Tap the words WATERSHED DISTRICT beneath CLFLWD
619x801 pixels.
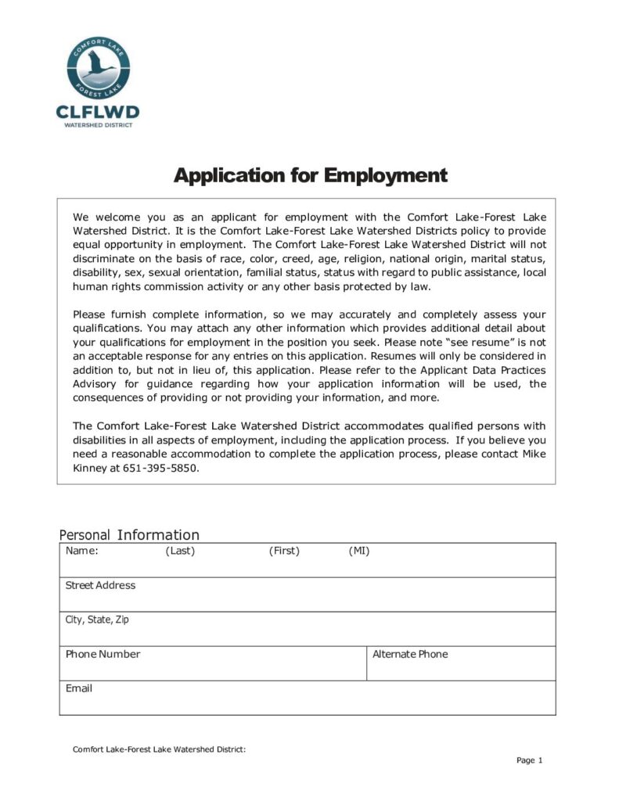[x=98, y=124]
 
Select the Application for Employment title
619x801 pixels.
[x=310, y=175]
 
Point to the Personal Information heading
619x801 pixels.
[x=129, y=535]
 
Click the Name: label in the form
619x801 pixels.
[x=81, y=551]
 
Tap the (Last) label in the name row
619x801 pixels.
[x=180, y=551]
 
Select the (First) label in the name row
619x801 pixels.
[x=284, y=551]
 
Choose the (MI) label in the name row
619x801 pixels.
[x=359, y=551]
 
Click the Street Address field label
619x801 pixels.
[x=100, y=585]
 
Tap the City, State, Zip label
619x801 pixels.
[x=97, y=620]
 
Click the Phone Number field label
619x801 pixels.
[x=103, y=654]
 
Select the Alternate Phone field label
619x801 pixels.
[x=410, y=654]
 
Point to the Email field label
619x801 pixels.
[x=78, y=688]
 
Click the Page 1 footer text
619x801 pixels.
[x=529, y=760]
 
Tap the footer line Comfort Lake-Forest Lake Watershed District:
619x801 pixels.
[x=159, y=749]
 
